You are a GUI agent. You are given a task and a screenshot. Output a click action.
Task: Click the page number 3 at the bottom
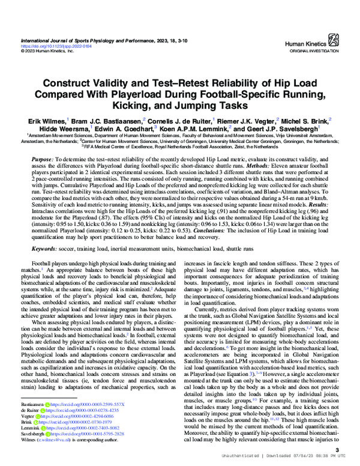coord(338,450)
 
